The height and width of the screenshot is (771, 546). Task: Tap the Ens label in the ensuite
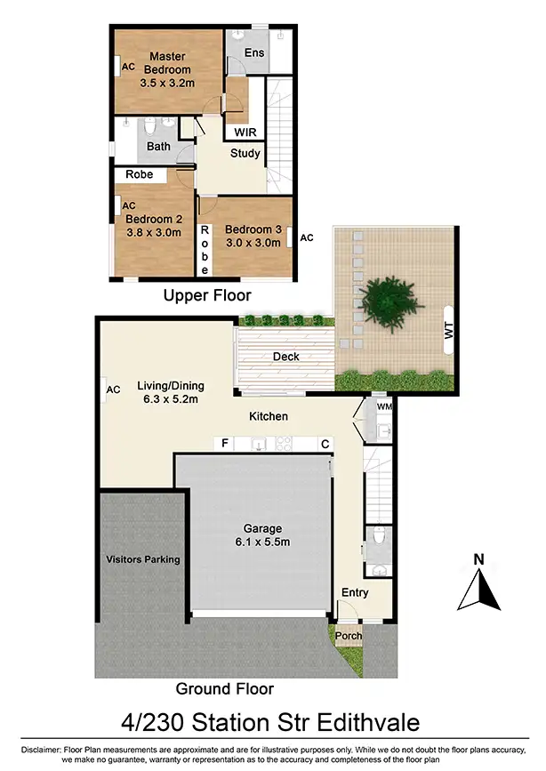(x=254, y=53)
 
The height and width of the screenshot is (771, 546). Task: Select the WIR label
(x=245, y=133)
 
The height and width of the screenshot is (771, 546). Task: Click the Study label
(x=245, y=154)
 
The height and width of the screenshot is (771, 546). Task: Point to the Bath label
(x=159, y=147)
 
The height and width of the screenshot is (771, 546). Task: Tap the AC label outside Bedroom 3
(x=307, y=238)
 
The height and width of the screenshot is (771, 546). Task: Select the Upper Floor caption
(x=207, y=295)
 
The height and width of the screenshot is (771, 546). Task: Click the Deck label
(x=286, y=357)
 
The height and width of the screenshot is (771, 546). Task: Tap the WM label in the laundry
(x=384, y=407)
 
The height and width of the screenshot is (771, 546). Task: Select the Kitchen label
(x=268, y=416)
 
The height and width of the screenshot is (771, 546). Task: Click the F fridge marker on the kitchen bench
(x=226, y=443)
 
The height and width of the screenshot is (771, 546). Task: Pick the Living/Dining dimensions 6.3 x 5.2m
(x=170, y=400)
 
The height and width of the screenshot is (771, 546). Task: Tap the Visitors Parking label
(x=143, y=559)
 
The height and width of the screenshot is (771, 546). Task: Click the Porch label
(x=348, y=636)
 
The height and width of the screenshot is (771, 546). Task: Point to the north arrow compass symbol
(x=478, y=583)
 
